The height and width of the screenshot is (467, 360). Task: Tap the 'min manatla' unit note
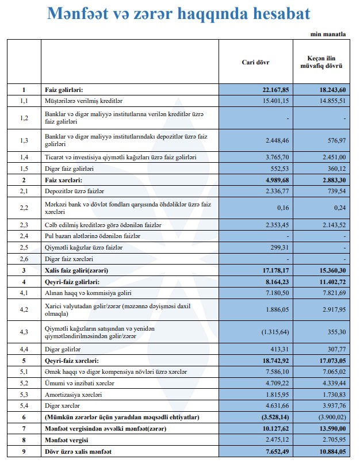click(328, 35)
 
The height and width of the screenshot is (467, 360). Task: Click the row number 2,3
click(24, 224)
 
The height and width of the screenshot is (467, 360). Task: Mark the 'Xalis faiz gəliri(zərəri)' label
click(76, 270)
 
